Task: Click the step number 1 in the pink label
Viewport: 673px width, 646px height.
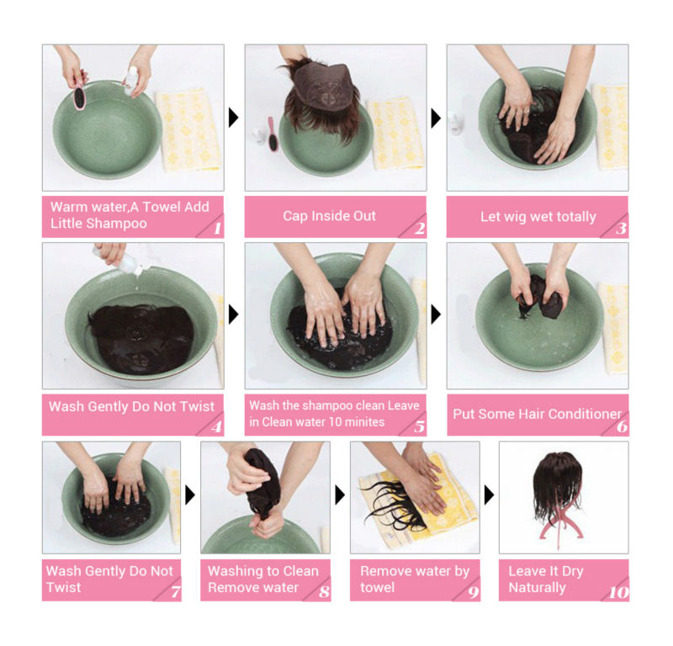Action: [x=218, y=228]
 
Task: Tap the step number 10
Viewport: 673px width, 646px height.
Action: [x=618, y=592]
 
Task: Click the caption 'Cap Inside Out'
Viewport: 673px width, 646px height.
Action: [x=329, y=216]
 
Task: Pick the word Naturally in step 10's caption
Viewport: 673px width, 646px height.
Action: [x=537, y=587]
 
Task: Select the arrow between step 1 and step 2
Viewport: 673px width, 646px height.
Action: [x=234, y=118]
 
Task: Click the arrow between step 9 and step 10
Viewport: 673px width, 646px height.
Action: [x=490, y=495]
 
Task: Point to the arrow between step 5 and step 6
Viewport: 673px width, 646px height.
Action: [x=436, y=315]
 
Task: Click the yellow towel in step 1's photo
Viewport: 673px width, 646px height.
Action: [x=188, y=130]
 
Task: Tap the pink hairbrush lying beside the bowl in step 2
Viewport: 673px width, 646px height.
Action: [x=272, y=134]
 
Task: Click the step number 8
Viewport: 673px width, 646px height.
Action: [x=325, y=592]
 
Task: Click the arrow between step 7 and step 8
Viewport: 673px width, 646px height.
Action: [x=190, y=495]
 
